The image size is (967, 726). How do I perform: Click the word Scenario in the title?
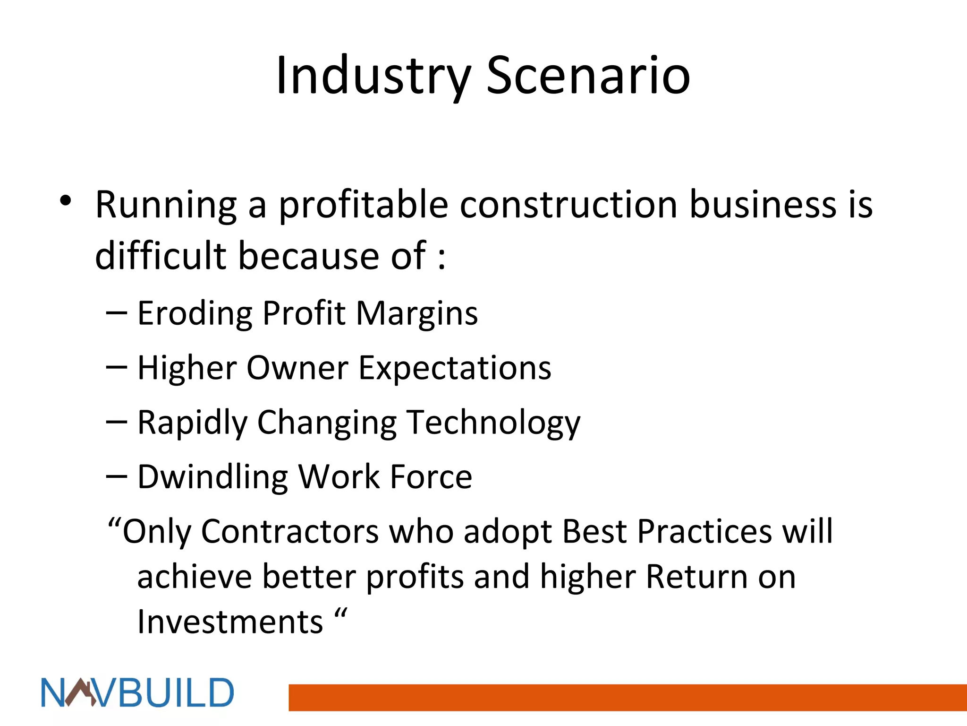click(x=588, y=76)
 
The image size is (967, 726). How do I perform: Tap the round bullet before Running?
click(x=66, y=201)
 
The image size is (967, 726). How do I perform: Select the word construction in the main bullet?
click(x=568, y=204)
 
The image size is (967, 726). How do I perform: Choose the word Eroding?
click(x=195, y=314)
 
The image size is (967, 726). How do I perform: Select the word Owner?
click(x=297, y=368)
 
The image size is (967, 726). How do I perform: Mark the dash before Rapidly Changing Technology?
click(x=117, y=422)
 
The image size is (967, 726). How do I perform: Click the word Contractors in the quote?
click(x=289, y=531)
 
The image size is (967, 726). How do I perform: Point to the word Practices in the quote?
click(x=704, y=531)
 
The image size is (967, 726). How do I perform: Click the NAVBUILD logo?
click(x=137, y=693)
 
